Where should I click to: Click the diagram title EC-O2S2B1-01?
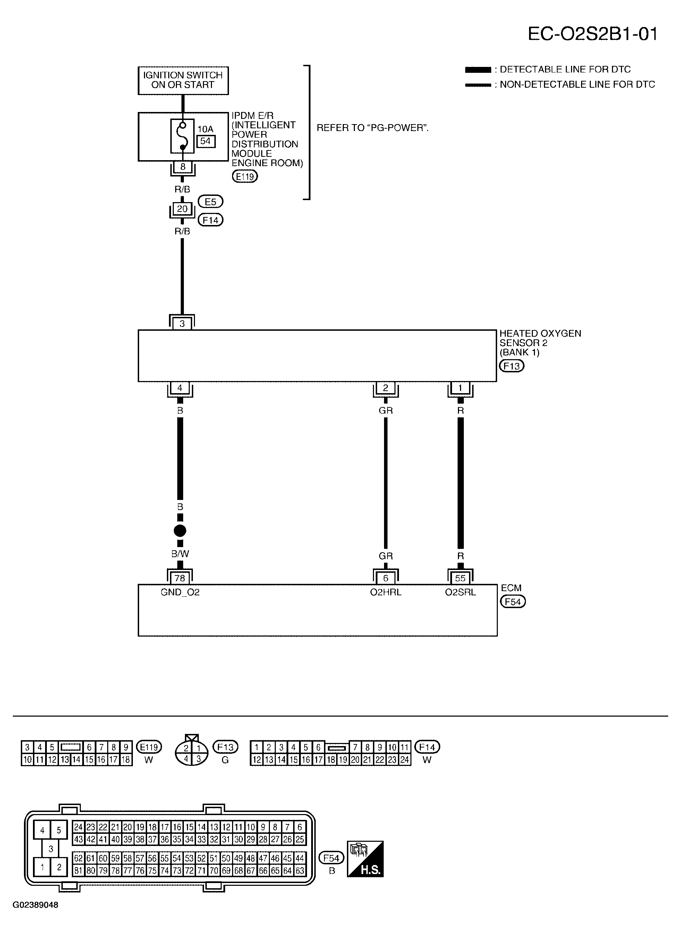point(593,34)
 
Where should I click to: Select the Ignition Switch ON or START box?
point(183,80)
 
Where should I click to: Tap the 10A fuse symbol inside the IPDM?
point(182,136)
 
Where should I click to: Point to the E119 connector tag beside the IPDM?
point(245,177)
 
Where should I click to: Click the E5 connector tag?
point(210,202)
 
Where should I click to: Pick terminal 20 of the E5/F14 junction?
point(182,209)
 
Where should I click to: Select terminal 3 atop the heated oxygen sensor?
point(182,324)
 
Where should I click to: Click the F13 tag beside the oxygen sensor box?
point(512,366)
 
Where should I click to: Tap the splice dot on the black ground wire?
point(180,531)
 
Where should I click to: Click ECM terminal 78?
point(180,578)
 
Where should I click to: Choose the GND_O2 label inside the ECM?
point(180,593)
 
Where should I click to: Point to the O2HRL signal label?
point(385,593)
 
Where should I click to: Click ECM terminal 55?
point(460,578)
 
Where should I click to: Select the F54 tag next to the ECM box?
point(513,602)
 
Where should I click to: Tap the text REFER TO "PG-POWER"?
point(373,128)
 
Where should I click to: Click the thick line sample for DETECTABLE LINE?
point(478,70)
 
